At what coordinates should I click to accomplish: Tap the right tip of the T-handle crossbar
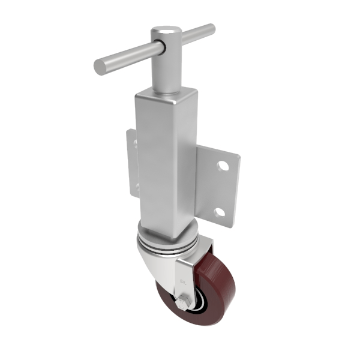tap(211, 28)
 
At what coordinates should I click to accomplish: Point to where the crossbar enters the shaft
tap(160, 46)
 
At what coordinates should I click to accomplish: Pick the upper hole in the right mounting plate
tap(223, 164)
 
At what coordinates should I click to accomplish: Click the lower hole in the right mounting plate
tap(220, 212)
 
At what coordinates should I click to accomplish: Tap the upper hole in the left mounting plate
tap(135, 144)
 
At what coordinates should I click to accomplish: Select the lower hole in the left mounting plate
tap(136, 188)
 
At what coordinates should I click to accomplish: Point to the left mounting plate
tap(131, 165)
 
